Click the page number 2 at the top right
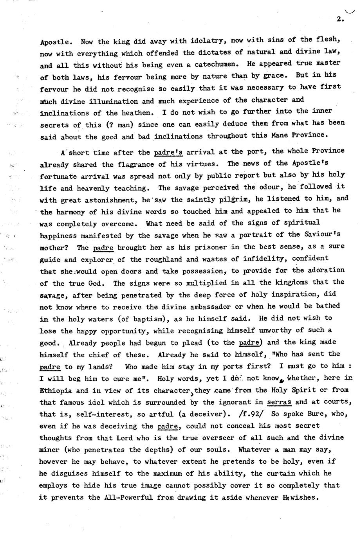339,19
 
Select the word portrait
274,234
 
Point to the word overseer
203,438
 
